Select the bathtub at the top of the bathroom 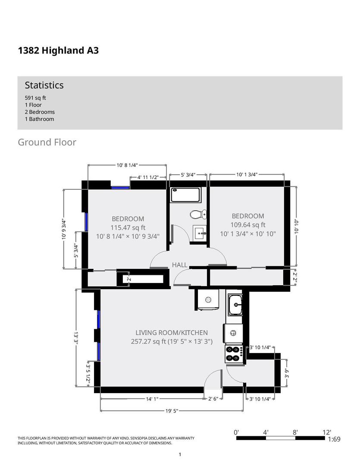point(185,195)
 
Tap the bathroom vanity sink point(200,233)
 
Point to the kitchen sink point(235,304)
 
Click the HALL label point(180,265)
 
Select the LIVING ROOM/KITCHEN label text point(172,333)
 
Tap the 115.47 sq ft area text point(128,228)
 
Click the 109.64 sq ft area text point(248,225)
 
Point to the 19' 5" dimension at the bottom point(172,411)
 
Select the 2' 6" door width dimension point(213,399)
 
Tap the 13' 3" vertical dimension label point(76,338)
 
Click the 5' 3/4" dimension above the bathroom point(188,175)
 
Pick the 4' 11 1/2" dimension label point(147,177)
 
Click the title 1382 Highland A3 point(58,50)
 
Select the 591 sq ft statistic point(35,98)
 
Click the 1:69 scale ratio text point(334,439)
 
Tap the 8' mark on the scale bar point(295,432)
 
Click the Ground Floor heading point(47,142)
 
